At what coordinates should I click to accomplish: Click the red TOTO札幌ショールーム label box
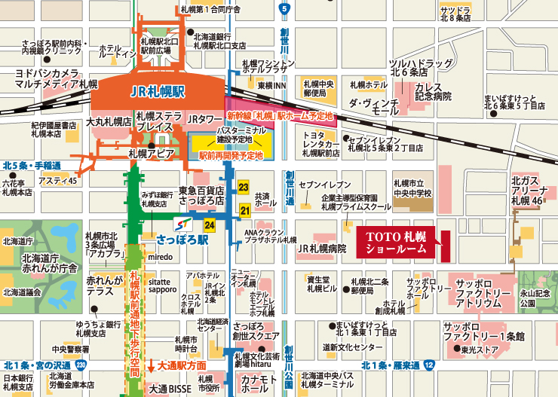point(396,241)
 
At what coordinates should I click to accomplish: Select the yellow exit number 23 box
point(244,186)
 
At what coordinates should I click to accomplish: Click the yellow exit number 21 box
point(244,210)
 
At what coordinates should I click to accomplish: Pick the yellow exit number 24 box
point(210,224)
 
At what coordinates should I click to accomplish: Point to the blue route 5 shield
point(284,8)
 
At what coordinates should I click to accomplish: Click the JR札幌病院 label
point(321,248)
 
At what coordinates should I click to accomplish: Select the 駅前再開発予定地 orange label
point(230,154)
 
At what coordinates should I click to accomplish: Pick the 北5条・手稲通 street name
point(31,165)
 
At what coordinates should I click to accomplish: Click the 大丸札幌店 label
point(109,121)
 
